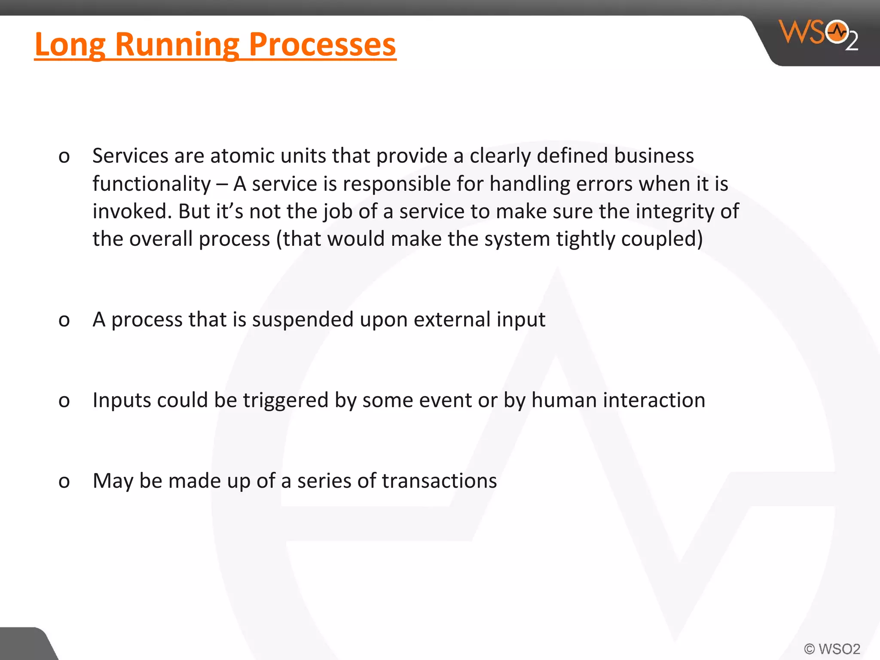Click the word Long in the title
coord(70,45)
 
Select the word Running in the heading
coord(177,45)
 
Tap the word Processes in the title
coord(322,45)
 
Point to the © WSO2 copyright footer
coord(832,649)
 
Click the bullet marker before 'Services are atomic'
coord(64,156)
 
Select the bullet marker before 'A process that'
coord(64,320)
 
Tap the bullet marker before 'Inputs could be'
coord(64,401)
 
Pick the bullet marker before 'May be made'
coord(64,481)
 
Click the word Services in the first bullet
coord(130,156)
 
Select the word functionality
coord(152,184)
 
